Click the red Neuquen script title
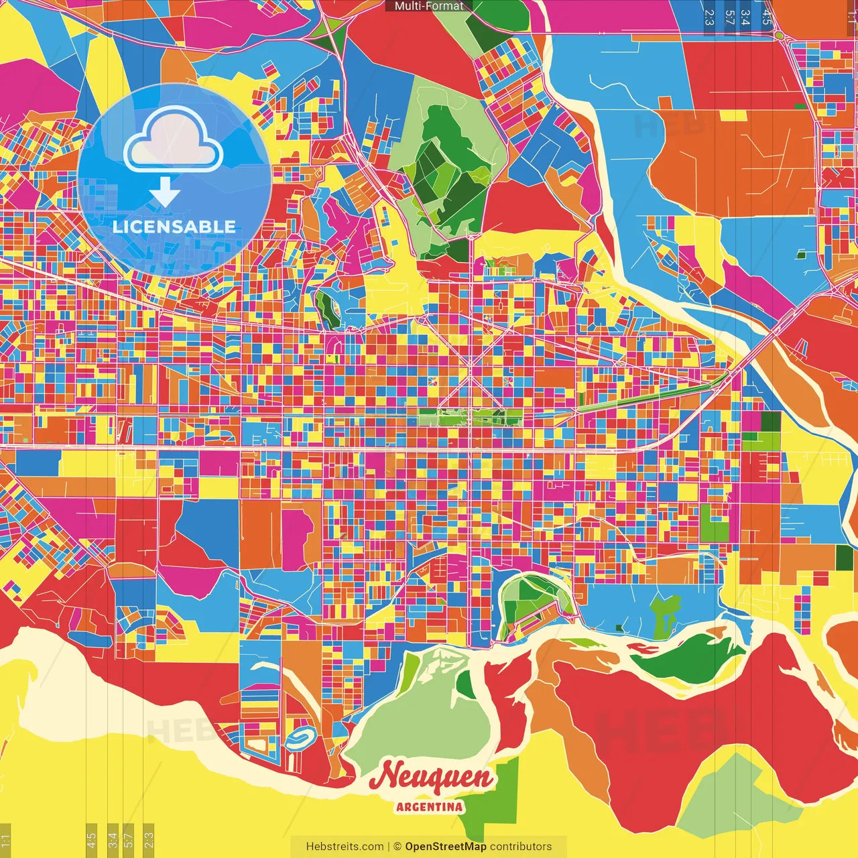(433, 778)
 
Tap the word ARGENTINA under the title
(429, 806)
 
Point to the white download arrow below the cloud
(165, 192)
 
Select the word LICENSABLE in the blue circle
(174, 227)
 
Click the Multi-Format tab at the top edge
(429, 6)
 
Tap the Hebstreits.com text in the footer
(345, 847)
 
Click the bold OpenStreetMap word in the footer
(446, 847)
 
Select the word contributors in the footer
(521, 847)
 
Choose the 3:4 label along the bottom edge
(113, 839)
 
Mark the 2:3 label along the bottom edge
(149, 839)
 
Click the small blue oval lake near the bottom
(299, 738)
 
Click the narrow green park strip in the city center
(469, 418)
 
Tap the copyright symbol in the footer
(397, 847)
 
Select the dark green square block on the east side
(771, 422)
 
